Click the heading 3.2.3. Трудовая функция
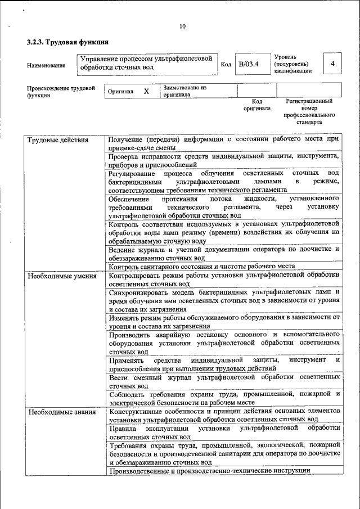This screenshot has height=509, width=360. pyautogui.click(x=67, y=42)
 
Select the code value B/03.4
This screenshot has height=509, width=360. pyautogui.click(x=248, y=65)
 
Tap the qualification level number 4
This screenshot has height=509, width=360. pyautogui.click(x=332, y=64)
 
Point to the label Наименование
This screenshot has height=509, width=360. pyautogui.click(x=46, y=65)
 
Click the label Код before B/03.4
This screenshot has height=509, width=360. pyautogui.click(x=226, y=65)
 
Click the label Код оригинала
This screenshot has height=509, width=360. pyautogui.click(x=257, y=105)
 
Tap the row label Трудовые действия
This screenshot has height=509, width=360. pyautogui.click(x=58, y=140)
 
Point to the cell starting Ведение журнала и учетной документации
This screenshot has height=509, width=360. pyautogui.click(x=223, y=253)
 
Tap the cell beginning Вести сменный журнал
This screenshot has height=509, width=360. pyautogui.click(x=223, y=382)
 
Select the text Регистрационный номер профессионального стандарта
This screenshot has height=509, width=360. pyautogui.click(x=309, y=111)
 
